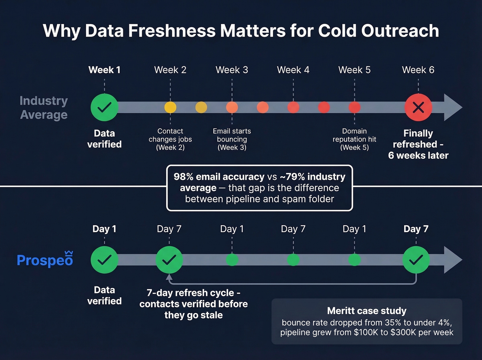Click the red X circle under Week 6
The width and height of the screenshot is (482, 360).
tap(418, 107)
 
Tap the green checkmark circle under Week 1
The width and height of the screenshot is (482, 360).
tap(104, 107)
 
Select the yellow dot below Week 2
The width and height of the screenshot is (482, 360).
tap(170, 107)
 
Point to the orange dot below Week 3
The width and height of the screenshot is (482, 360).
tap(232, 107)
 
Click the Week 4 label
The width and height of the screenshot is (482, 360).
tap(293, 70)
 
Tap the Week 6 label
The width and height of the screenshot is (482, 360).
tap(418, 70)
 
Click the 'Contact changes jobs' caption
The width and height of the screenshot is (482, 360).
tap(170, 139)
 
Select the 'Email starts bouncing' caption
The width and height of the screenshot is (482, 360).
tap(232, 139)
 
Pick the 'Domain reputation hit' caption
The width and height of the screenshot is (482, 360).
tap(354, 139)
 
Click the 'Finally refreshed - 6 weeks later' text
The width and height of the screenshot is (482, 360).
tap(418, 144)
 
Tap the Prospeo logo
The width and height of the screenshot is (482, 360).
tap(45, 260)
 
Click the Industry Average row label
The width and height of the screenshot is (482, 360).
tap(44, 107)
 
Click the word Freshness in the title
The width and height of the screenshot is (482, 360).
tap(172, 31)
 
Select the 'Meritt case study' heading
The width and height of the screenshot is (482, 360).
tap(367, 311)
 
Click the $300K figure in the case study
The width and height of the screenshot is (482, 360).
tap(403, 332)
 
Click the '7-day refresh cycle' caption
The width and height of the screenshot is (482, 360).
tap(193, 293)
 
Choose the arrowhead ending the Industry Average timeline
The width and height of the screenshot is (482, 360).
tap(452, 107)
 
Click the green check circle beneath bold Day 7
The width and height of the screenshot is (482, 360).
tap(416, 260)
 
